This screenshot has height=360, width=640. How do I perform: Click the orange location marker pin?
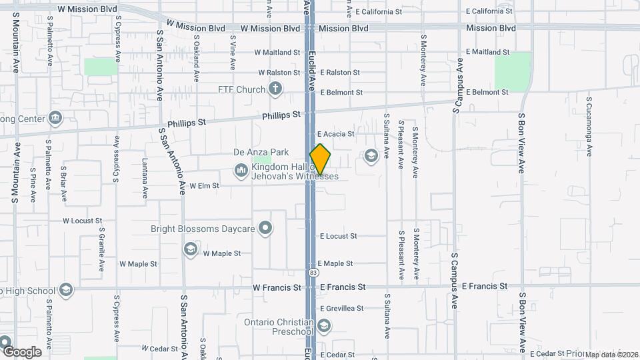tap(320, 159)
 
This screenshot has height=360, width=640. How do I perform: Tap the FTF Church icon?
tap(275, 89)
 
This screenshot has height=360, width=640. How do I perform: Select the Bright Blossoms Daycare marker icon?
tap(266, 229)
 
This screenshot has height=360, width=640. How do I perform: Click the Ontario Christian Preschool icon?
tap(324, 326)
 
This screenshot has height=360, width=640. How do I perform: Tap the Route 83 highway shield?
tap(313, 273)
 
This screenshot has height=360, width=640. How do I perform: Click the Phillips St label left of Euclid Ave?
tap(281, 115)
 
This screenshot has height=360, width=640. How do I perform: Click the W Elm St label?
tap(204, 186)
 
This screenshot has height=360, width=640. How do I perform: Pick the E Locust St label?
tap(339, 236)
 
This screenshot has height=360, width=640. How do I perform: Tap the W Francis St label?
tap(277, 287)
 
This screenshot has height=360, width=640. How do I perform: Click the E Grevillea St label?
tap(342, 309)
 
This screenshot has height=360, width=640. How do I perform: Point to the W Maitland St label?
tap(277, 52)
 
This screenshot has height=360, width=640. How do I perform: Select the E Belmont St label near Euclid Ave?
tap(341, 93)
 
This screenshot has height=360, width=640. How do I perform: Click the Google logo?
tap(21, 351)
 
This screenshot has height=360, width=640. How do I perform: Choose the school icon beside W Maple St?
tap(191, 249)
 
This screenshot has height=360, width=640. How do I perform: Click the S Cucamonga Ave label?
tap(589, 127)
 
